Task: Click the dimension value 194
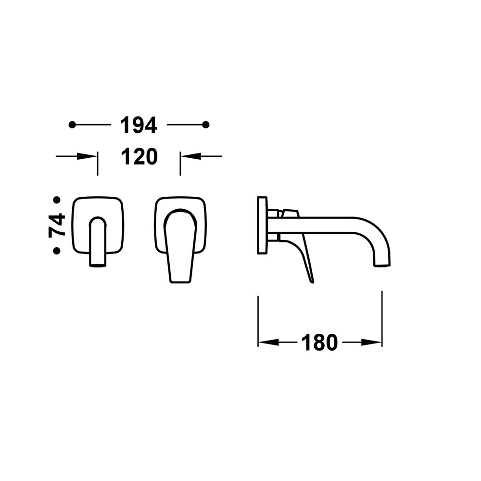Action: coord(139,125)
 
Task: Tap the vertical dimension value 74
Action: coord(57,226)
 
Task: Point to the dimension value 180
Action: coord(320,342)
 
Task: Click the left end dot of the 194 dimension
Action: coord(72,125)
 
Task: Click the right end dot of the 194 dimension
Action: coord(206,125)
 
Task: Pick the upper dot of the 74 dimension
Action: coord(57,200)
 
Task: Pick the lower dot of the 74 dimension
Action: coord(56,251)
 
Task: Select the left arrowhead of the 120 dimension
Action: coord(87,156)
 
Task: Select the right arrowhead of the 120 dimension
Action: coord(190,156)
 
